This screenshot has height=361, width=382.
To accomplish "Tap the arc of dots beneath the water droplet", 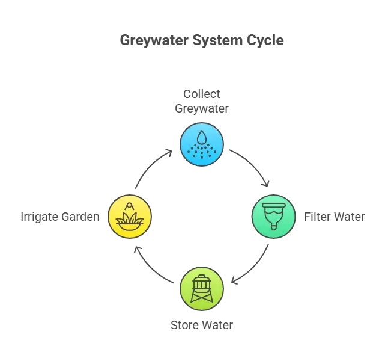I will pos(202,152).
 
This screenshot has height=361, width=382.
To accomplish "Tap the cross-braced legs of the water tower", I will pos(202,296).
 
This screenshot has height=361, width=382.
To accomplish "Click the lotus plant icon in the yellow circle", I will pos(129,218).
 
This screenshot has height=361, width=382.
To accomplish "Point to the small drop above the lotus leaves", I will pos(129,206).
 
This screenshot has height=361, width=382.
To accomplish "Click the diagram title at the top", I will pos(203,42).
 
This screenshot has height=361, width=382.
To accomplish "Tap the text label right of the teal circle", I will pos(333,216).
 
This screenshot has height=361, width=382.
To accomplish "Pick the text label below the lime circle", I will pos(202,327).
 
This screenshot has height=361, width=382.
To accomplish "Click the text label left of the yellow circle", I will pos(58,216).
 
